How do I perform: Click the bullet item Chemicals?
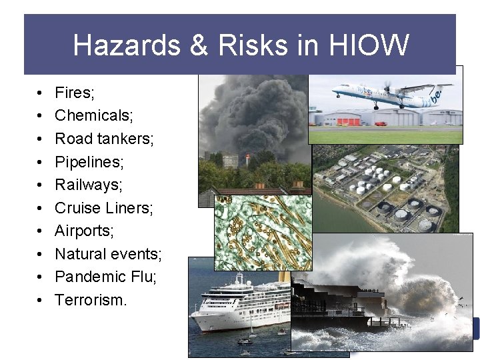coord(94,115)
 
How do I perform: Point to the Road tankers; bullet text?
coord(104,139)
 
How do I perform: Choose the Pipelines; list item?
coord(89,162)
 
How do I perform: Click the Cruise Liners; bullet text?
coord(104,208)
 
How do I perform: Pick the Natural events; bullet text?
coord(108,254)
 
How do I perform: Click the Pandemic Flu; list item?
coord(106,277)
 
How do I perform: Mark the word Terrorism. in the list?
coord(91,300)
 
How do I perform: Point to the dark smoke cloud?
coord(253,113)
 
